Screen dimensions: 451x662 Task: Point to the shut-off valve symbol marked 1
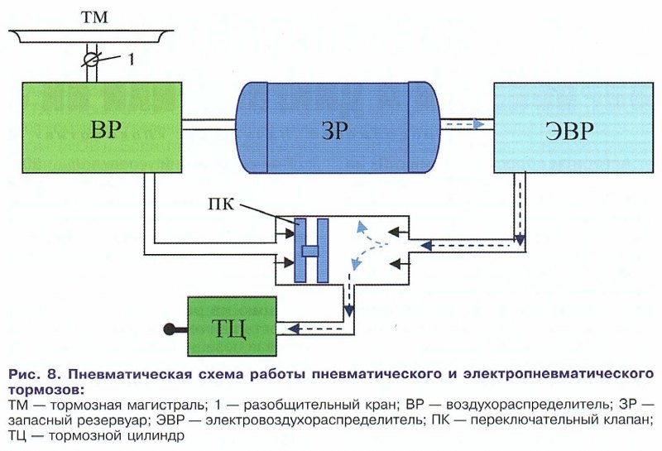point(94,60)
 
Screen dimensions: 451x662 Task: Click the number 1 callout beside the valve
point(129,59)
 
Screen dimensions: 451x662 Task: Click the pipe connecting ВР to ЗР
point(209,125)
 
